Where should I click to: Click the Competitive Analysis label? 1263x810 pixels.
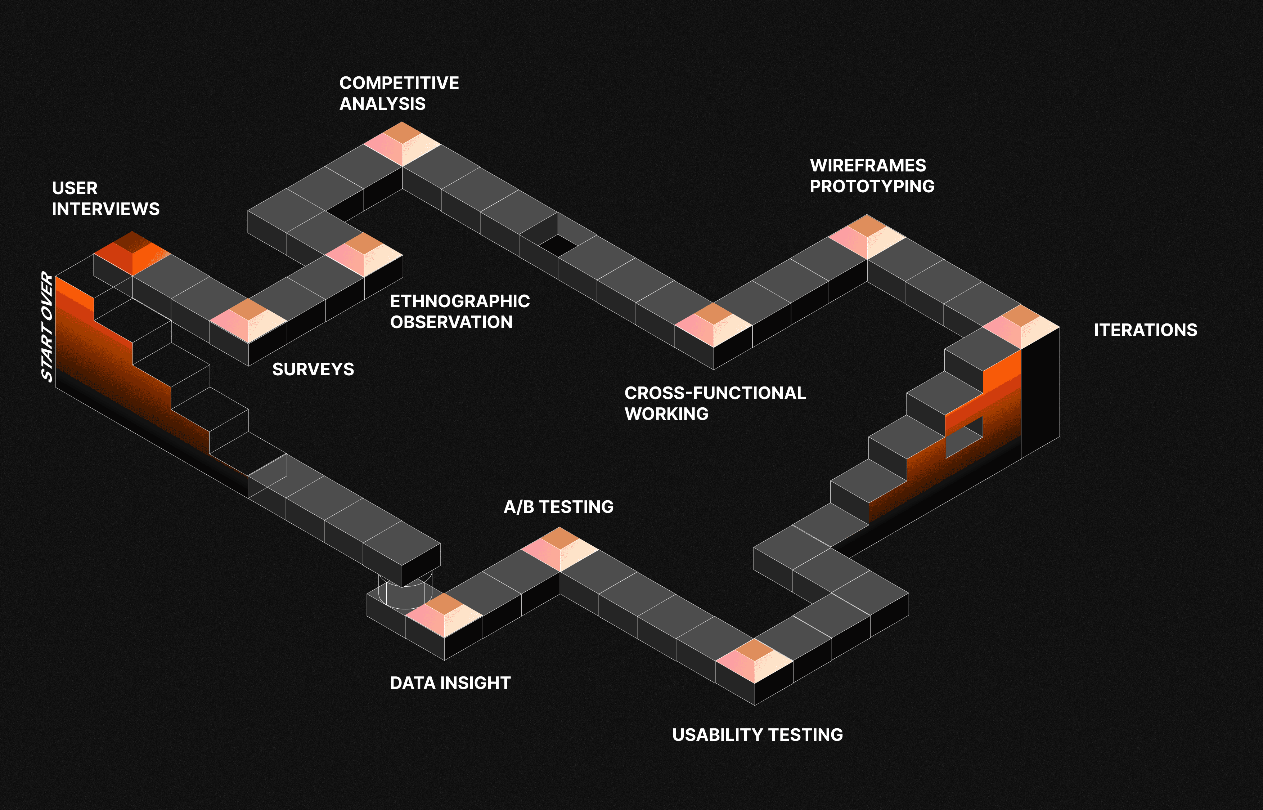tap(399, 93)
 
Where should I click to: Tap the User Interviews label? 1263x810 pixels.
tap(105, 198)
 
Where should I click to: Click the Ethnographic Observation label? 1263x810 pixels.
tap(459, 312)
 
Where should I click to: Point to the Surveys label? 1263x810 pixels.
tap(313, 369)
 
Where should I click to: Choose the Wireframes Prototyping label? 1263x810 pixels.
tap(872, 176)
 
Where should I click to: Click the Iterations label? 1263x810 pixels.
tap(1145, 330)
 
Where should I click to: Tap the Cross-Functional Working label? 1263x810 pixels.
tap(715, 403)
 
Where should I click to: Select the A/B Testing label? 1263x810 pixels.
tap(558, 506)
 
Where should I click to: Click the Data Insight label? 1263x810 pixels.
tap(450, 683)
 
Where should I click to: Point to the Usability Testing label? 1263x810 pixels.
tap(757, 734)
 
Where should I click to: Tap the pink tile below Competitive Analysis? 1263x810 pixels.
tap(402, 144)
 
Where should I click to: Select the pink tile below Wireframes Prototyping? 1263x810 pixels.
tap(867, 237)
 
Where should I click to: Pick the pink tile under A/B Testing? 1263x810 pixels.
tap(559, 549)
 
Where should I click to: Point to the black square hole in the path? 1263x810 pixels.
tap(558, 245)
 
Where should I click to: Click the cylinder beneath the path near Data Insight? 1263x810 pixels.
tap(405, 593)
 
